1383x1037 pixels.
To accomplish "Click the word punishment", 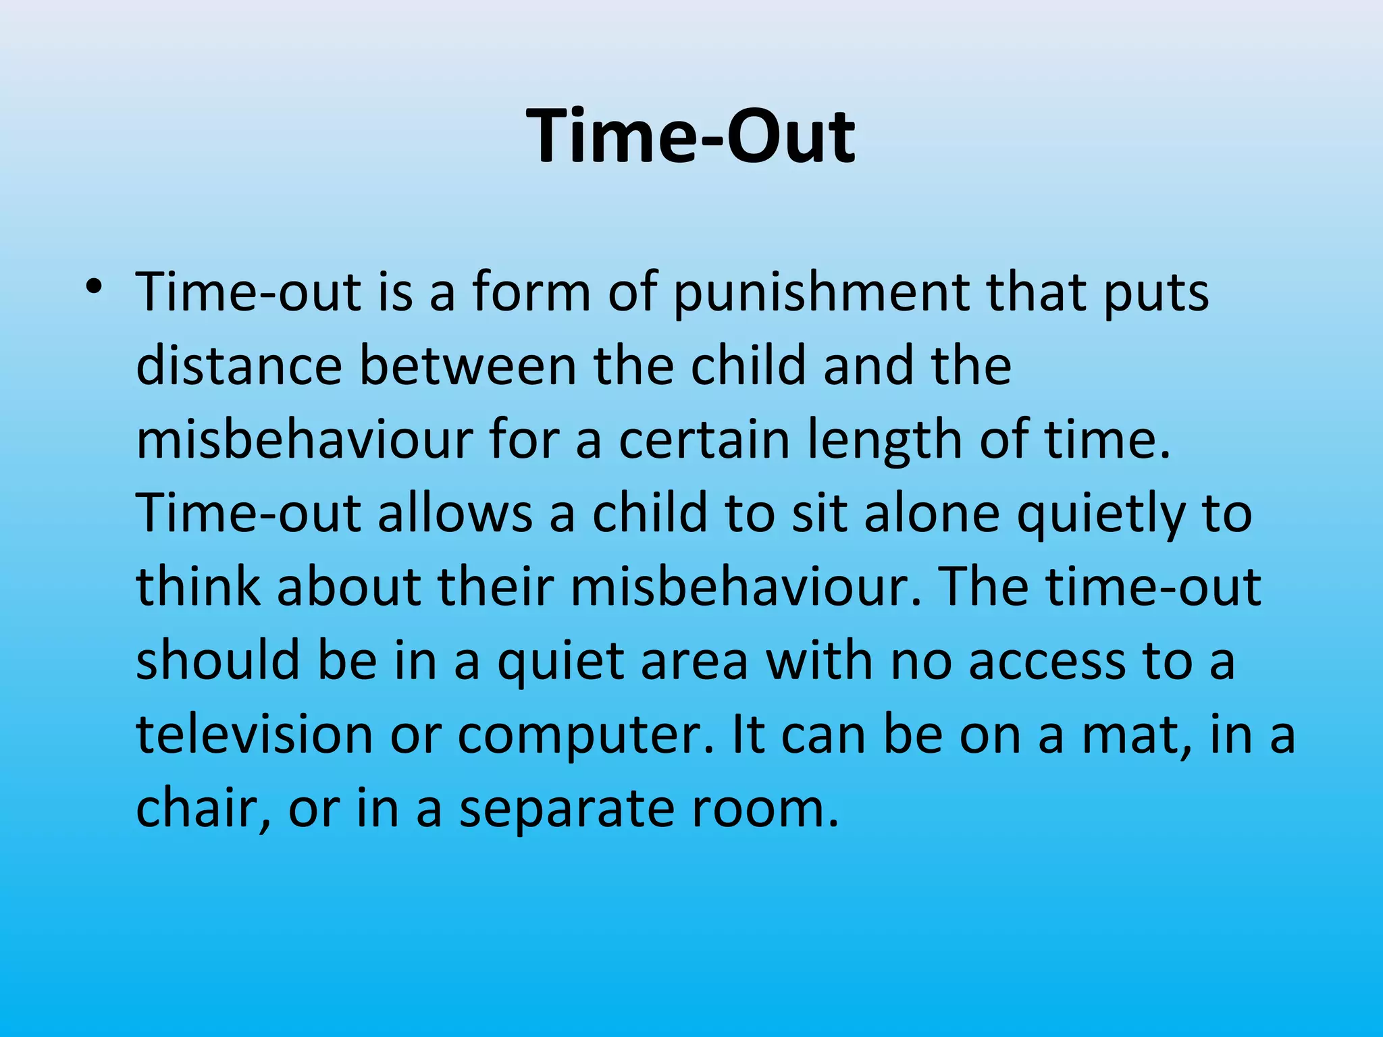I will (x=821, y=294).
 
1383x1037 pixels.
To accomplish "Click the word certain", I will (x=704, y=440).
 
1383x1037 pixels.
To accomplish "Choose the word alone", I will (x=931, y=513).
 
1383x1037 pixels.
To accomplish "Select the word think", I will (x=198, y=586).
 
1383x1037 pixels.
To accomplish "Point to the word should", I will (x=217, y=660).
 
